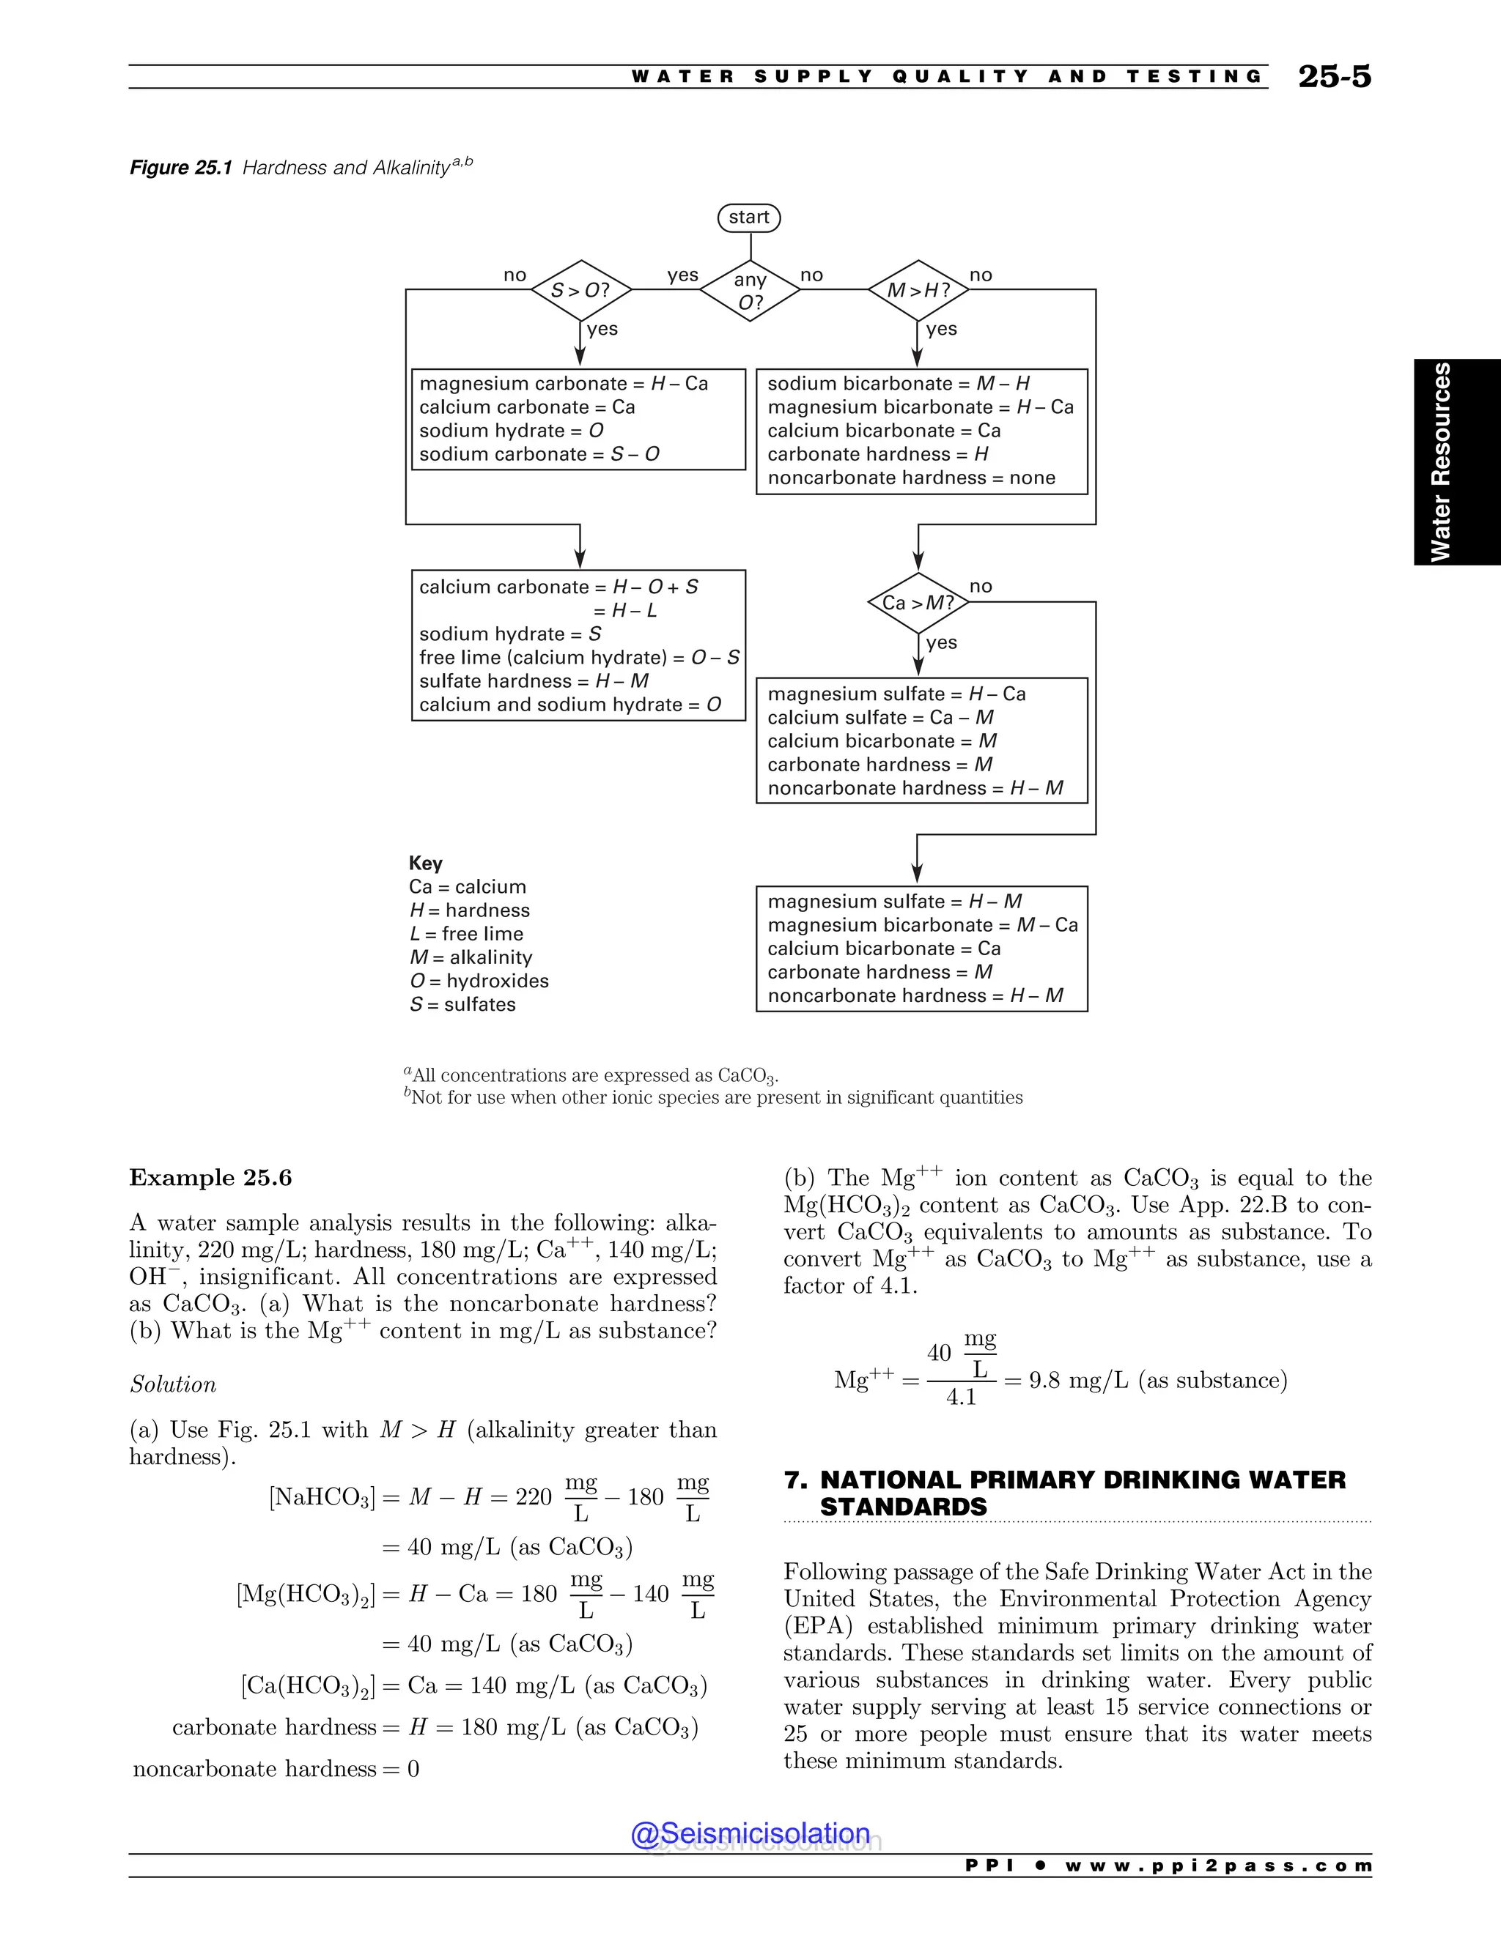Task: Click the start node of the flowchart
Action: coord(749,218)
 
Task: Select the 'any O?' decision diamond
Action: coord(750,291)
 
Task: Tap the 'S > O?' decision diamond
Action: coord(580,291)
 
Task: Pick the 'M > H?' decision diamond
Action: coord(918,291)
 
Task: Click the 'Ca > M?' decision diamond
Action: coord(918,603)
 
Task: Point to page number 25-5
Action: coord(1334,76)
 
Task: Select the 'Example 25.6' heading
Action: coord(211,1178)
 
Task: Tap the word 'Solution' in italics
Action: coord(174,1384)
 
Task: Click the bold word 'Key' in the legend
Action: coord(426,863)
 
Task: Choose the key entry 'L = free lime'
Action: coord(466,933)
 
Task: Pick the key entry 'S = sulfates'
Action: coord(462,1004)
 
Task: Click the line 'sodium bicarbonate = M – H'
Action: coord(898,383)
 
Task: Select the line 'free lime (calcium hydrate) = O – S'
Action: coord(579,657)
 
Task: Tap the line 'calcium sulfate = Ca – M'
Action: coord(880,717)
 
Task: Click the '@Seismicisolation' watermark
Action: coord(750,1833)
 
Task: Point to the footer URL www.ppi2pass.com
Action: coord(1218,1866)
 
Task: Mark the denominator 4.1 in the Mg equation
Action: coord(962,1397)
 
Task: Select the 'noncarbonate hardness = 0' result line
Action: coord(276,1769)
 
